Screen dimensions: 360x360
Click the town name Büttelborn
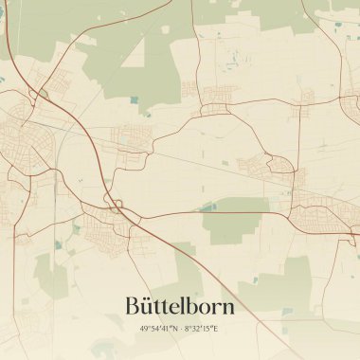tap(179, 306)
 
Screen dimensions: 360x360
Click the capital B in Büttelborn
tap(133, 306)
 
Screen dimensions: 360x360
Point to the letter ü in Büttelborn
tap(148, 307)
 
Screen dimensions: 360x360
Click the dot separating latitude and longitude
tap(179, 329)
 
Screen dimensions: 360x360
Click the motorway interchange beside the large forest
tap(41, 94)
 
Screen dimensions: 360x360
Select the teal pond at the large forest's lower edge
tap(134, 99)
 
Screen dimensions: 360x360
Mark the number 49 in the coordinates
tap(141, 329)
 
